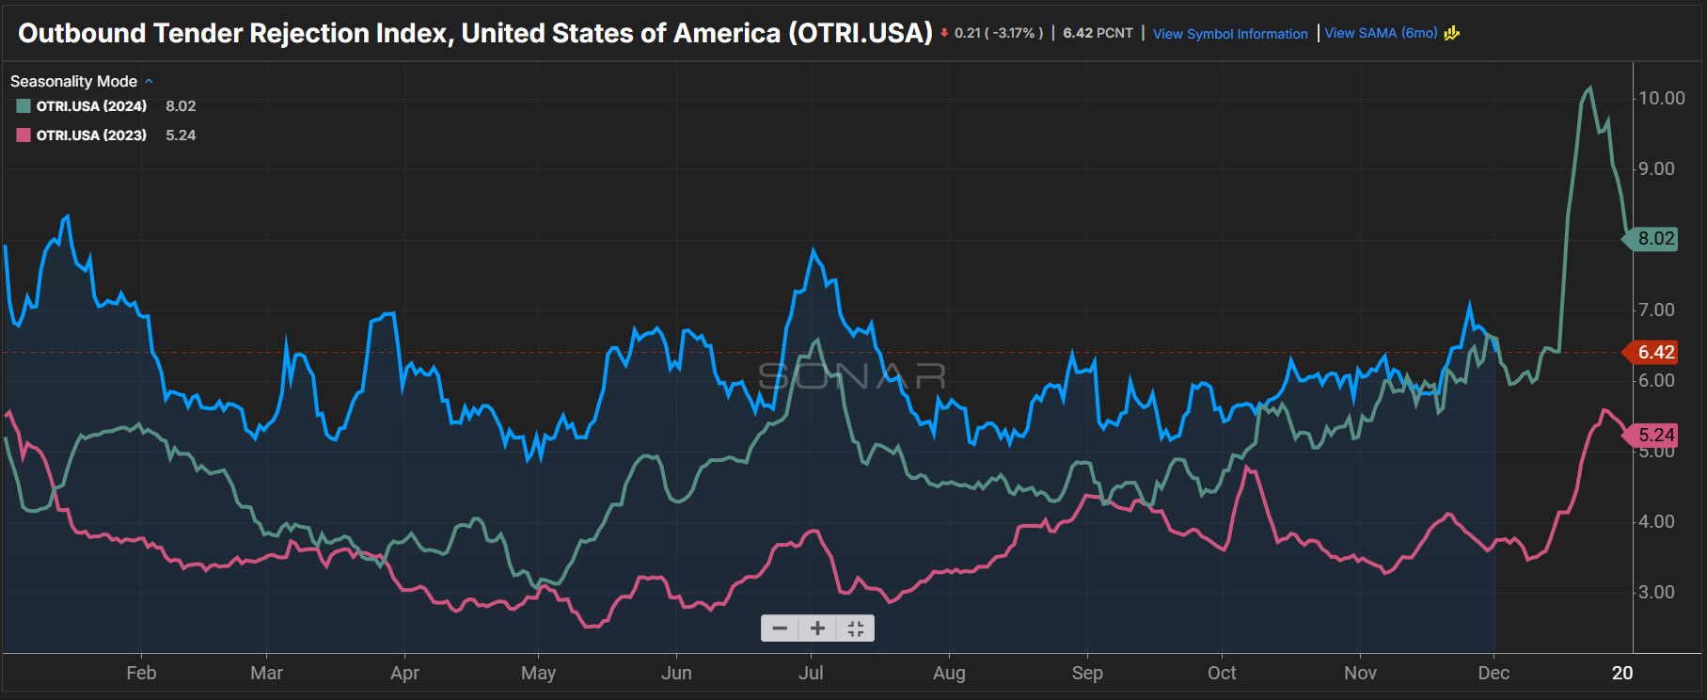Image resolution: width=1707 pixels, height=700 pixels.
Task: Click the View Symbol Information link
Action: (1229, 34)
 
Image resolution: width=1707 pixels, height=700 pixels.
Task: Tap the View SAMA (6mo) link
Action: (1381, 33)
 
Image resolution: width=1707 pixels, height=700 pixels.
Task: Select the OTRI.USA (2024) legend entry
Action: (91, 106)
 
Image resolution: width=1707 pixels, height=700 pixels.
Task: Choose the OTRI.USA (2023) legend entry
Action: (91, 135)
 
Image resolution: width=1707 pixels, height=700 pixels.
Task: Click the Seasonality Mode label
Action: (73, 82)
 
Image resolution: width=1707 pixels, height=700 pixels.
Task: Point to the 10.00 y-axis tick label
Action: (1661, 98)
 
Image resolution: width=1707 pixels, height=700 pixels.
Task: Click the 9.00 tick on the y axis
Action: (1656, 168)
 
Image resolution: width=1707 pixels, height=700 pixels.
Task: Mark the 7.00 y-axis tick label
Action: (1656, 310)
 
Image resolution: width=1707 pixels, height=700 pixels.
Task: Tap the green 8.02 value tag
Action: (1655, 239)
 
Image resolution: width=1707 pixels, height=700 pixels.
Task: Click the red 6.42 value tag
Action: (1655, 352)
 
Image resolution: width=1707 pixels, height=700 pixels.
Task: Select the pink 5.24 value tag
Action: (1655, 435)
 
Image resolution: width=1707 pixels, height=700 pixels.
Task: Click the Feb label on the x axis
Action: (141, 673)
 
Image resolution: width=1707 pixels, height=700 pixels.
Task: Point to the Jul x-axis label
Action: (811, 673)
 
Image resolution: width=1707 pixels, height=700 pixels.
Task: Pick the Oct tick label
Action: (1222, 673)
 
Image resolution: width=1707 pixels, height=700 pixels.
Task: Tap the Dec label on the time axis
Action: (1494, 673)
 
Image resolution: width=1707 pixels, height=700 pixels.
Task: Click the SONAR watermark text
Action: (852, 376)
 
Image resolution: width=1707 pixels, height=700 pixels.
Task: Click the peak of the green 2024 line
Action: (1589, 88)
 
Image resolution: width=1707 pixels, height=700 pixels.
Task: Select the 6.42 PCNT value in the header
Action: (1098, 33)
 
